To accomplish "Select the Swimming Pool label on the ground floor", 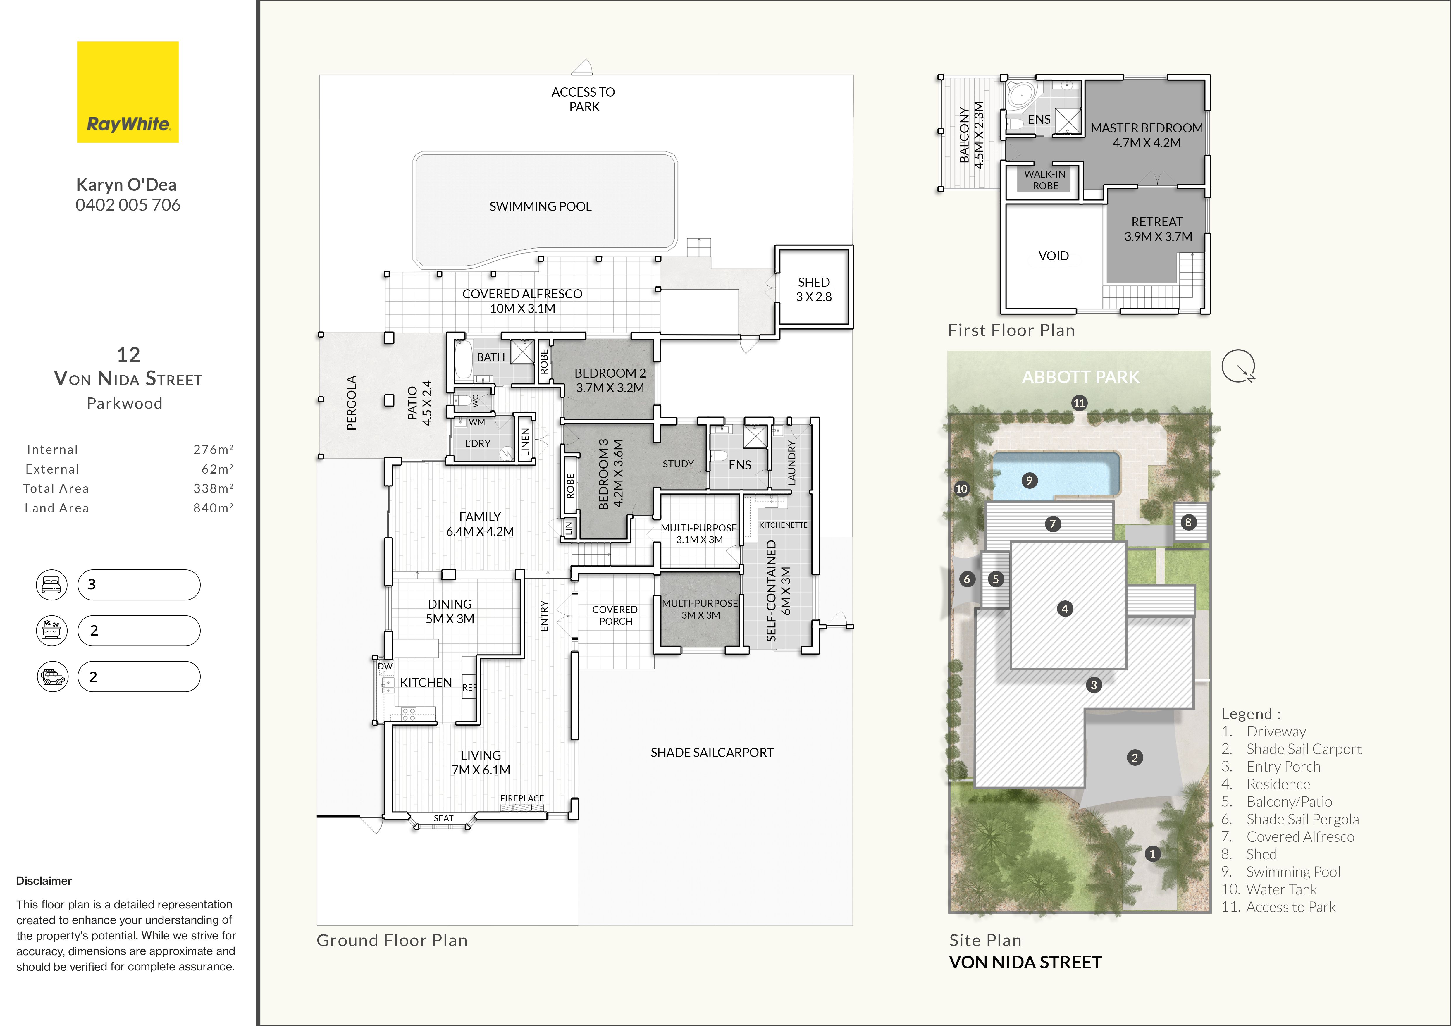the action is pos(540,206).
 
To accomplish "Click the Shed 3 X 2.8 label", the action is pos(814,289).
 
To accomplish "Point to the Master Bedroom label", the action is pos(1147,135).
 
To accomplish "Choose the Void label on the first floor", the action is pos(1054,256).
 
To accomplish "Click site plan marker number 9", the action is pos(1029,481).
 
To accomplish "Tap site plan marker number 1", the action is pos(1152,853).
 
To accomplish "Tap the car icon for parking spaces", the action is pos(52,676).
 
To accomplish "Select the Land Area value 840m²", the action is pos(213,508).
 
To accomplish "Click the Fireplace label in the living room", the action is pos(522,798).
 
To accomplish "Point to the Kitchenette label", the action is pos(783,525).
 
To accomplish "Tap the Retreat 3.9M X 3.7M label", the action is pos(1158,229).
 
